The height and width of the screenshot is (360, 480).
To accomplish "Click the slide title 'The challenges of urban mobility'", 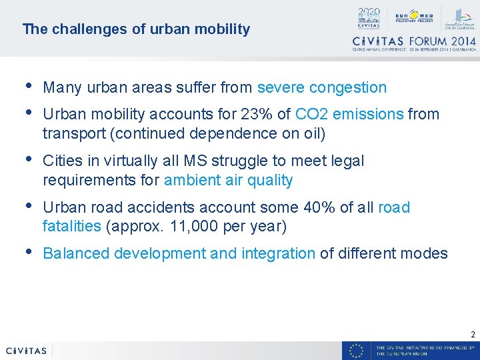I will [136, 29].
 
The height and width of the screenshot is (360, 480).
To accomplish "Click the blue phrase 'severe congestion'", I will [321, 87].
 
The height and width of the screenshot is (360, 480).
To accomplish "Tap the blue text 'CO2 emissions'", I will [349, 114].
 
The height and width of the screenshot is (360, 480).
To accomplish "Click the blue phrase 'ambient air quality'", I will [228, 180].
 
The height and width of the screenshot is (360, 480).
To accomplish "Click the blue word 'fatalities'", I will [71, 227].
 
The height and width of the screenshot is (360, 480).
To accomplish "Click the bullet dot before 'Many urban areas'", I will [28, 86].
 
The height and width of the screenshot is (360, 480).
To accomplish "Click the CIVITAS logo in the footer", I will [26, 351].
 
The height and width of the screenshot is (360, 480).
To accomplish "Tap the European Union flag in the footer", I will [357, 351].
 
